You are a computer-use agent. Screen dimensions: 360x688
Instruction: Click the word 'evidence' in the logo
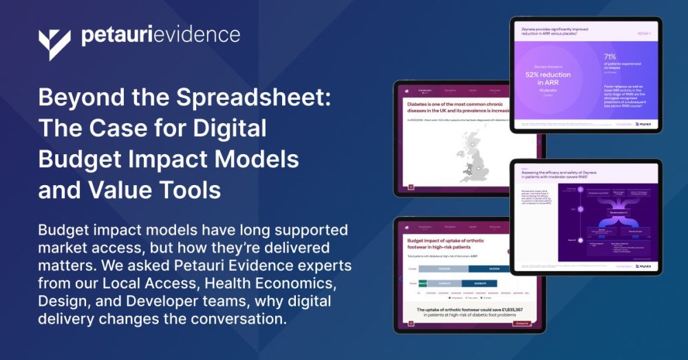pyautogui.click(x=200, y=35)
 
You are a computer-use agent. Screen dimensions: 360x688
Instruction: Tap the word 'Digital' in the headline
pyautogui.click(x=227, y=128)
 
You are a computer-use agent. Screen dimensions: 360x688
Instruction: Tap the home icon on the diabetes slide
pyautogui.click(x=407, y=90)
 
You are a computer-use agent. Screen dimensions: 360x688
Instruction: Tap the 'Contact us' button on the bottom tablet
pyautogui.click(x=522, y=323)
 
